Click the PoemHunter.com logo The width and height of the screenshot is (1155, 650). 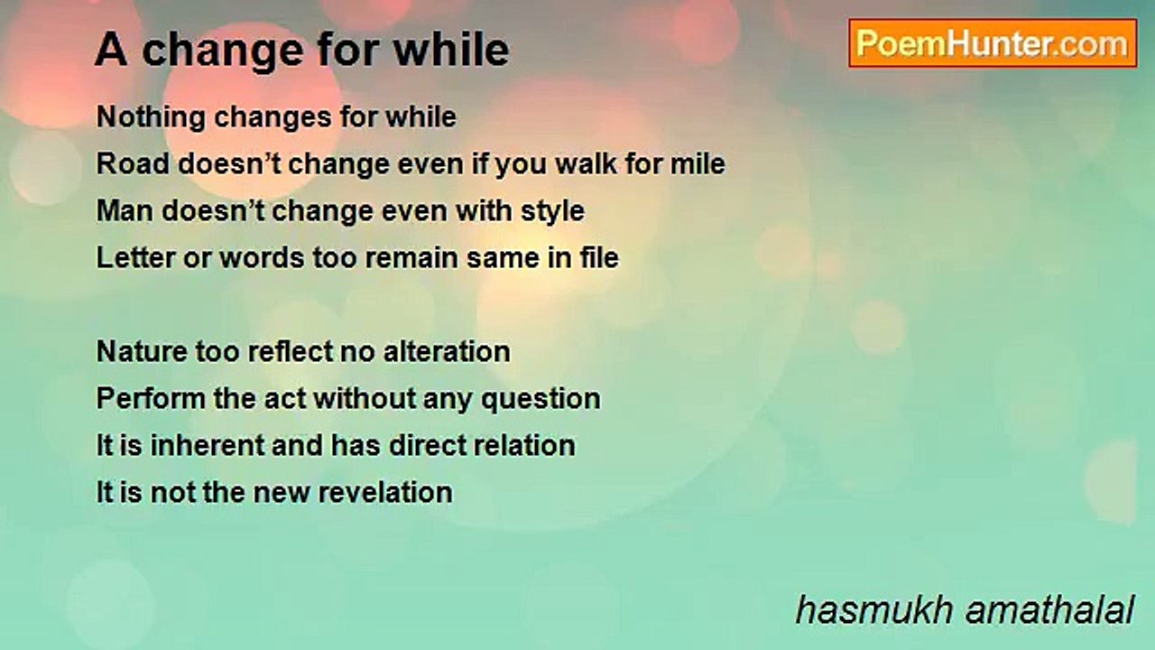pyautogui.click(x=993, y=43)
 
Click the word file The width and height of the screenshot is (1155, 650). pyautogui.click(x=599, y=258)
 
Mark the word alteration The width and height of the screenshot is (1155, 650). pyautogui.click(x=447, y=352)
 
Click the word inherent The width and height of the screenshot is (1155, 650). pyautogui.click(x=207, y=446)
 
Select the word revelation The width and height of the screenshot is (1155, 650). pyautogui.click(x=385, y=493)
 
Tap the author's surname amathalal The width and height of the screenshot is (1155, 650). pyautogui.click(x=1049, y=610)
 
